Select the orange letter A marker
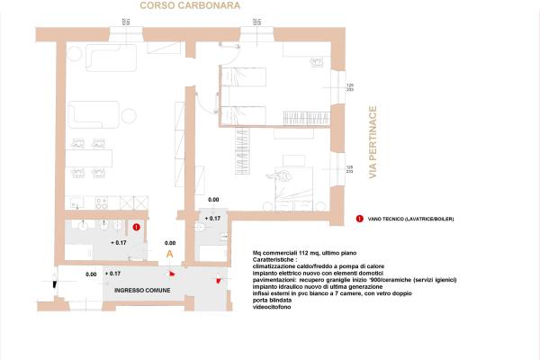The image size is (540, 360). point(169,255)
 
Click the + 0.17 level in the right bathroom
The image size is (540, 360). point(213,218)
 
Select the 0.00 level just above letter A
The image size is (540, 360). point(169,243)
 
